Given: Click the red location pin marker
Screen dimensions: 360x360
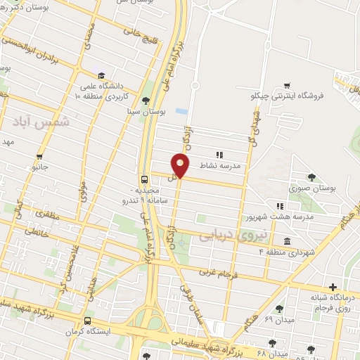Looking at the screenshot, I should [181, 166].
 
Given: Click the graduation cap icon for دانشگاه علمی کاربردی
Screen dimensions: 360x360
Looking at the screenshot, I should [102, 75].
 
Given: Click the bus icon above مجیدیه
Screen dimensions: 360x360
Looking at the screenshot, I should [143, 179].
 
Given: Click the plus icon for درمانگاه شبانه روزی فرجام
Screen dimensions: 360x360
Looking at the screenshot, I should [333, 287].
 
